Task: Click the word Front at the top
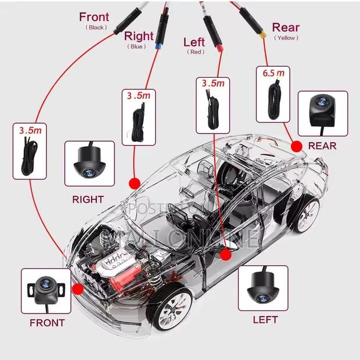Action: click(94, 16)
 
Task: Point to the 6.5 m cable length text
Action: click(273, 73)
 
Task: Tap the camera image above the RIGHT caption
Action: click(89, 163)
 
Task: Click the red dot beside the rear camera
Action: click(297, 145)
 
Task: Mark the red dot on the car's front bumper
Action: click(77, 289)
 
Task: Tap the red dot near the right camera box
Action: click(135, 182)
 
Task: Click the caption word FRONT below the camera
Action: click(47, 323)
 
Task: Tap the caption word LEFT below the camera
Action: click(265, 319)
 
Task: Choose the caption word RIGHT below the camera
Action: click(88, 199)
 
